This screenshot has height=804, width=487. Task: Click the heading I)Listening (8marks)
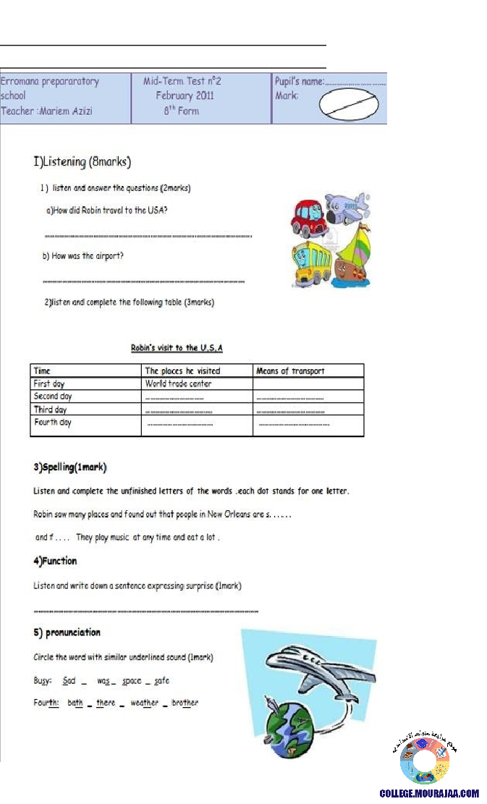tap(82, 161)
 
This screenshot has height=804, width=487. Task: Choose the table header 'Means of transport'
tap(290, 371)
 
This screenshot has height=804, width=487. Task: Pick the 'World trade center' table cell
tap(178, 384)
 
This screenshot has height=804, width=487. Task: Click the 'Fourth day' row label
tap(53, 422)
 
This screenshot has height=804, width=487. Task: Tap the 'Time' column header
tap(42, 371)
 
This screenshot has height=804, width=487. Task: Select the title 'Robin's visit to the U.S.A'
tap(177, 348)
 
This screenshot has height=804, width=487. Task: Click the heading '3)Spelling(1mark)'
tap(71, 467)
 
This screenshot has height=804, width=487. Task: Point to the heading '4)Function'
tap(55, 561)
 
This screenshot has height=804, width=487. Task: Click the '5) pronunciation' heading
tap(67, 632)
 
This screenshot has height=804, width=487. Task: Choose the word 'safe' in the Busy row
tap(161, 681)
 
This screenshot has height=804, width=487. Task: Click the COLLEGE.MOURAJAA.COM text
tap(429, 793)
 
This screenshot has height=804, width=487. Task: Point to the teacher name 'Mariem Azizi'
tap(64, 111)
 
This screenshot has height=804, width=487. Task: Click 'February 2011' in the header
tap(185, 96)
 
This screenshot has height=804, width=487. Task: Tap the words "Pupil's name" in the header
tap(299, 82)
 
